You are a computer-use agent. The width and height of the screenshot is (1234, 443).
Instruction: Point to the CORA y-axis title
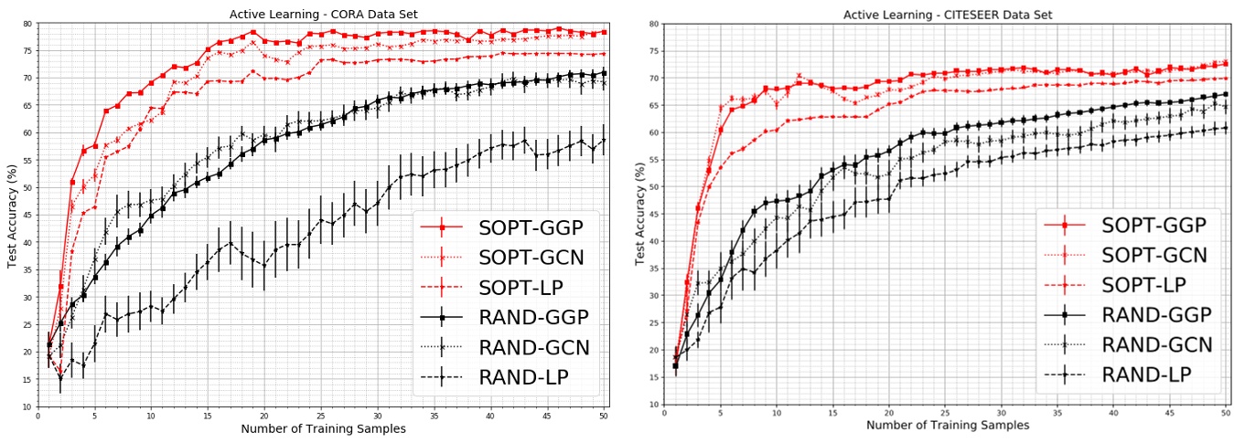[12, 215]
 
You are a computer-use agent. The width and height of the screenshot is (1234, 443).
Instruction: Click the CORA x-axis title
[321, 428]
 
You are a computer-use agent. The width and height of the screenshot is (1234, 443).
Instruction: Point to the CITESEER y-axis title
[639, 216]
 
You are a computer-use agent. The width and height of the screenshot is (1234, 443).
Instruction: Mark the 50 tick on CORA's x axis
[604, 416]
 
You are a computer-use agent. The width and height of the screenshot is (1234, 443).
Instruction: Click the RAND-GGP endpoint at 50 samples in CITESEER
[1225, 94]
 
